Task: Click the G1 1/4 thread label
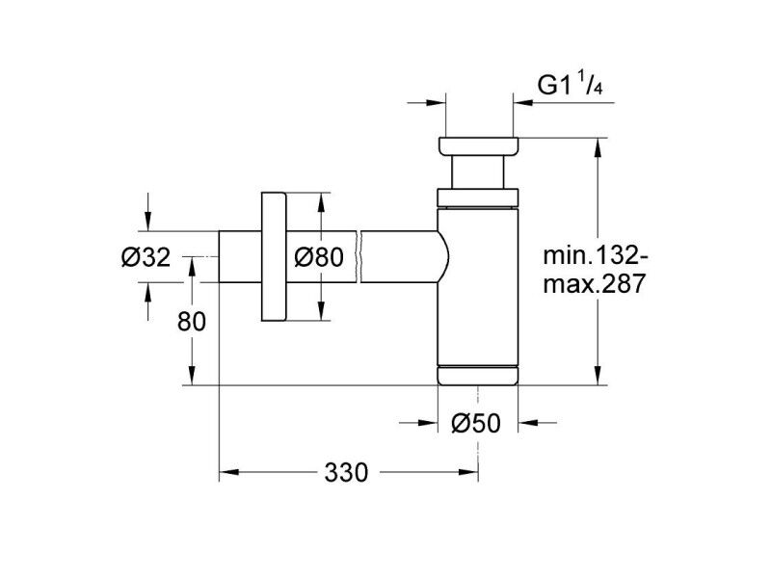[570, 86]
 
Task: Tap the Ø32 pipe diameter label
[146, 257]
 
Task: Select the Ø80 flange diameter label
[319, 257]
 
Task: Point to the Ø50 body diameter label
[476, 423]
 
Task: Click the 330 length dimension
[346, 473]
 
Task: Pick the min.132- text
[596, 256]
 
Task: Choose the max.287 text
[594, 283]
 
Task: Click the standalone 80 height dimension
[191, 323]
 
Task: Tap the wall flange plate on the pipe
[274, 256]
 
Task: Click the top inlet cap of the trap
[478, 147]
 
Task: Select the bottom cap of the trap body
[477, 376]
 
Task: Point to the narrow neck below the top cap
[478, 172]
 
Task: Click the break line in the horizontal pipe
[359, 256]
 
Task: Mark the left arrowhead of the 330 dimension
[228, 472]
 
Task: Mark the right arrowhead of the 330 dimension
[468, 472]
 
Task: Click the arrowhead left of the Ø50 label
[428, 422]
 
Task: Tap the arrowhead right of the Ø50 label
[528, 422]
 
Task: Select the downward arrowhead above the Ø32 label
[148, 221]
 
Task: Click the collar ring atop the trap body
[478, 197]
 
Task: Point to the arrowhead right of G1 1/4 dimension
[522, 103]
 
